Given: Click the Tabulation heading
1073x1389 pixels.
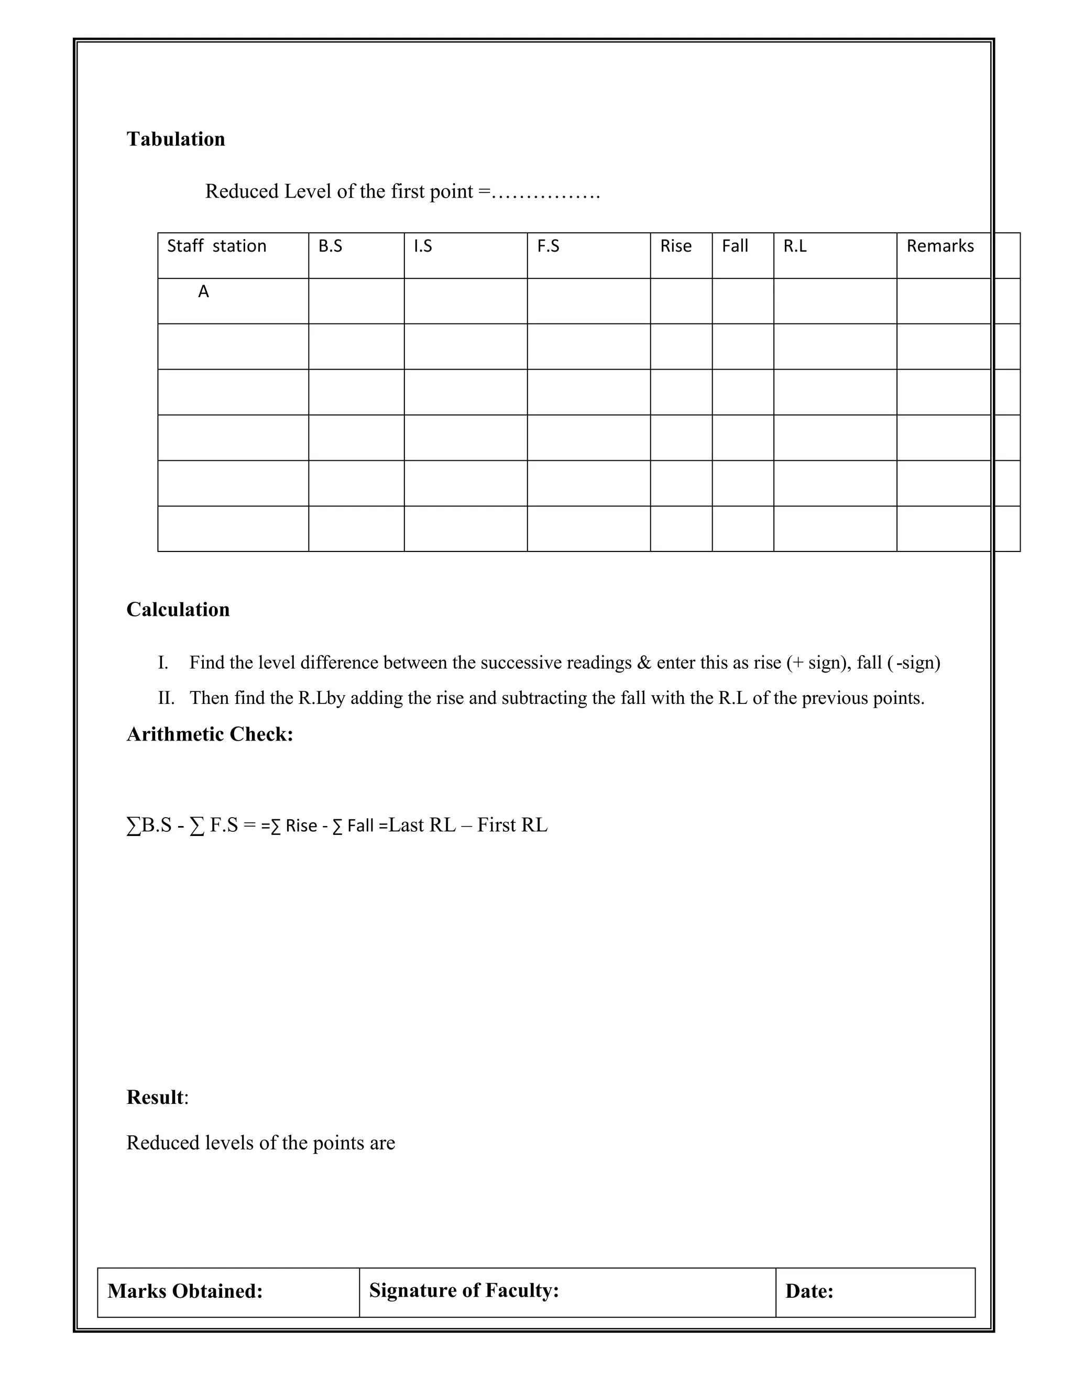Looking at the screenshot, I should (176, 139).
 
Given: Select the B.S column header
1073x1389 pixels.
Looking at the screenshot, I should (330, 246).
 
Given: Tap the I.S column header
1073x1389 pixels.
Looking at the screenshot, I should (422, 246).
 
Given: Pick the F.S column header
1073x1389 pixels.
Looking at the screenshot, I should (548, 246).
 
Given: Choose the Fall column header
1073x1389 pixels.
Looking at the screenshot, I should (735, 246).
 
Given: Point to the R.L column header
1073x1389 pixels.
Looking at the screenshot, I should (795, 246).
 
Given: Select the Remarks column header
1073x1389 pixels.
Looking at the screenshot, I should (939, 246).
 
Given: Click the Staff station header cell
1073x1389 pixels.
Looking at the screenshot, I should (216, 246).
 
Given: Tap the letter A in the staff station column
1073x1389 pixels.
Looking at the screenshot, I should (203, 292).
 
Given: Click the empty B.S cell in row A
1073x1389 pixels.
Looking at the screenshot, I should (356, 301).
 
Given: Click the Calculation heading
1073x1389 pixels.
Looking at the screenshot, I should (178, 609).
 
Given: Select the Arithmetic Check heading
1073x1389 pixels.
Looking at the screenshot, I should (210, 734).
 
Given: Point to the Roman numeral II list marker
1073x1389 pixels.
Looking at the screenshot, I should (166, 698).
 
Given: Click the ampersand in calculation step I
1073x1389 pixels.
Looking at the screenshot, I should (644, 663).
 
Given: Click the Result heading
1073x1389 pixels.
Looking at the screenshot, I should (155, 1097).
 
